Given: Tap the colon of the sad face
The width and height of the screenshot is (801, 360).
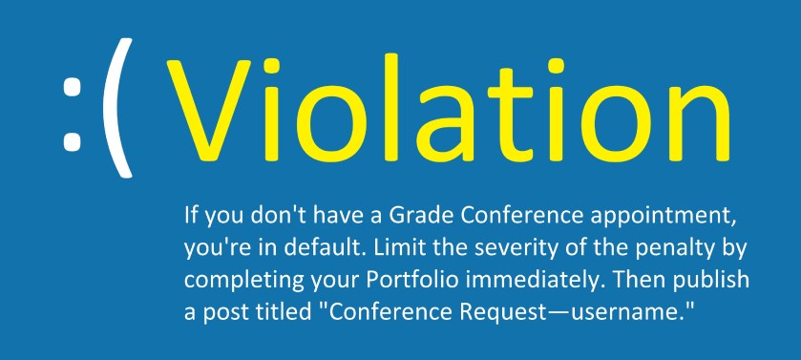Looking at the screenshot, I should [x=71, y=113].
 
